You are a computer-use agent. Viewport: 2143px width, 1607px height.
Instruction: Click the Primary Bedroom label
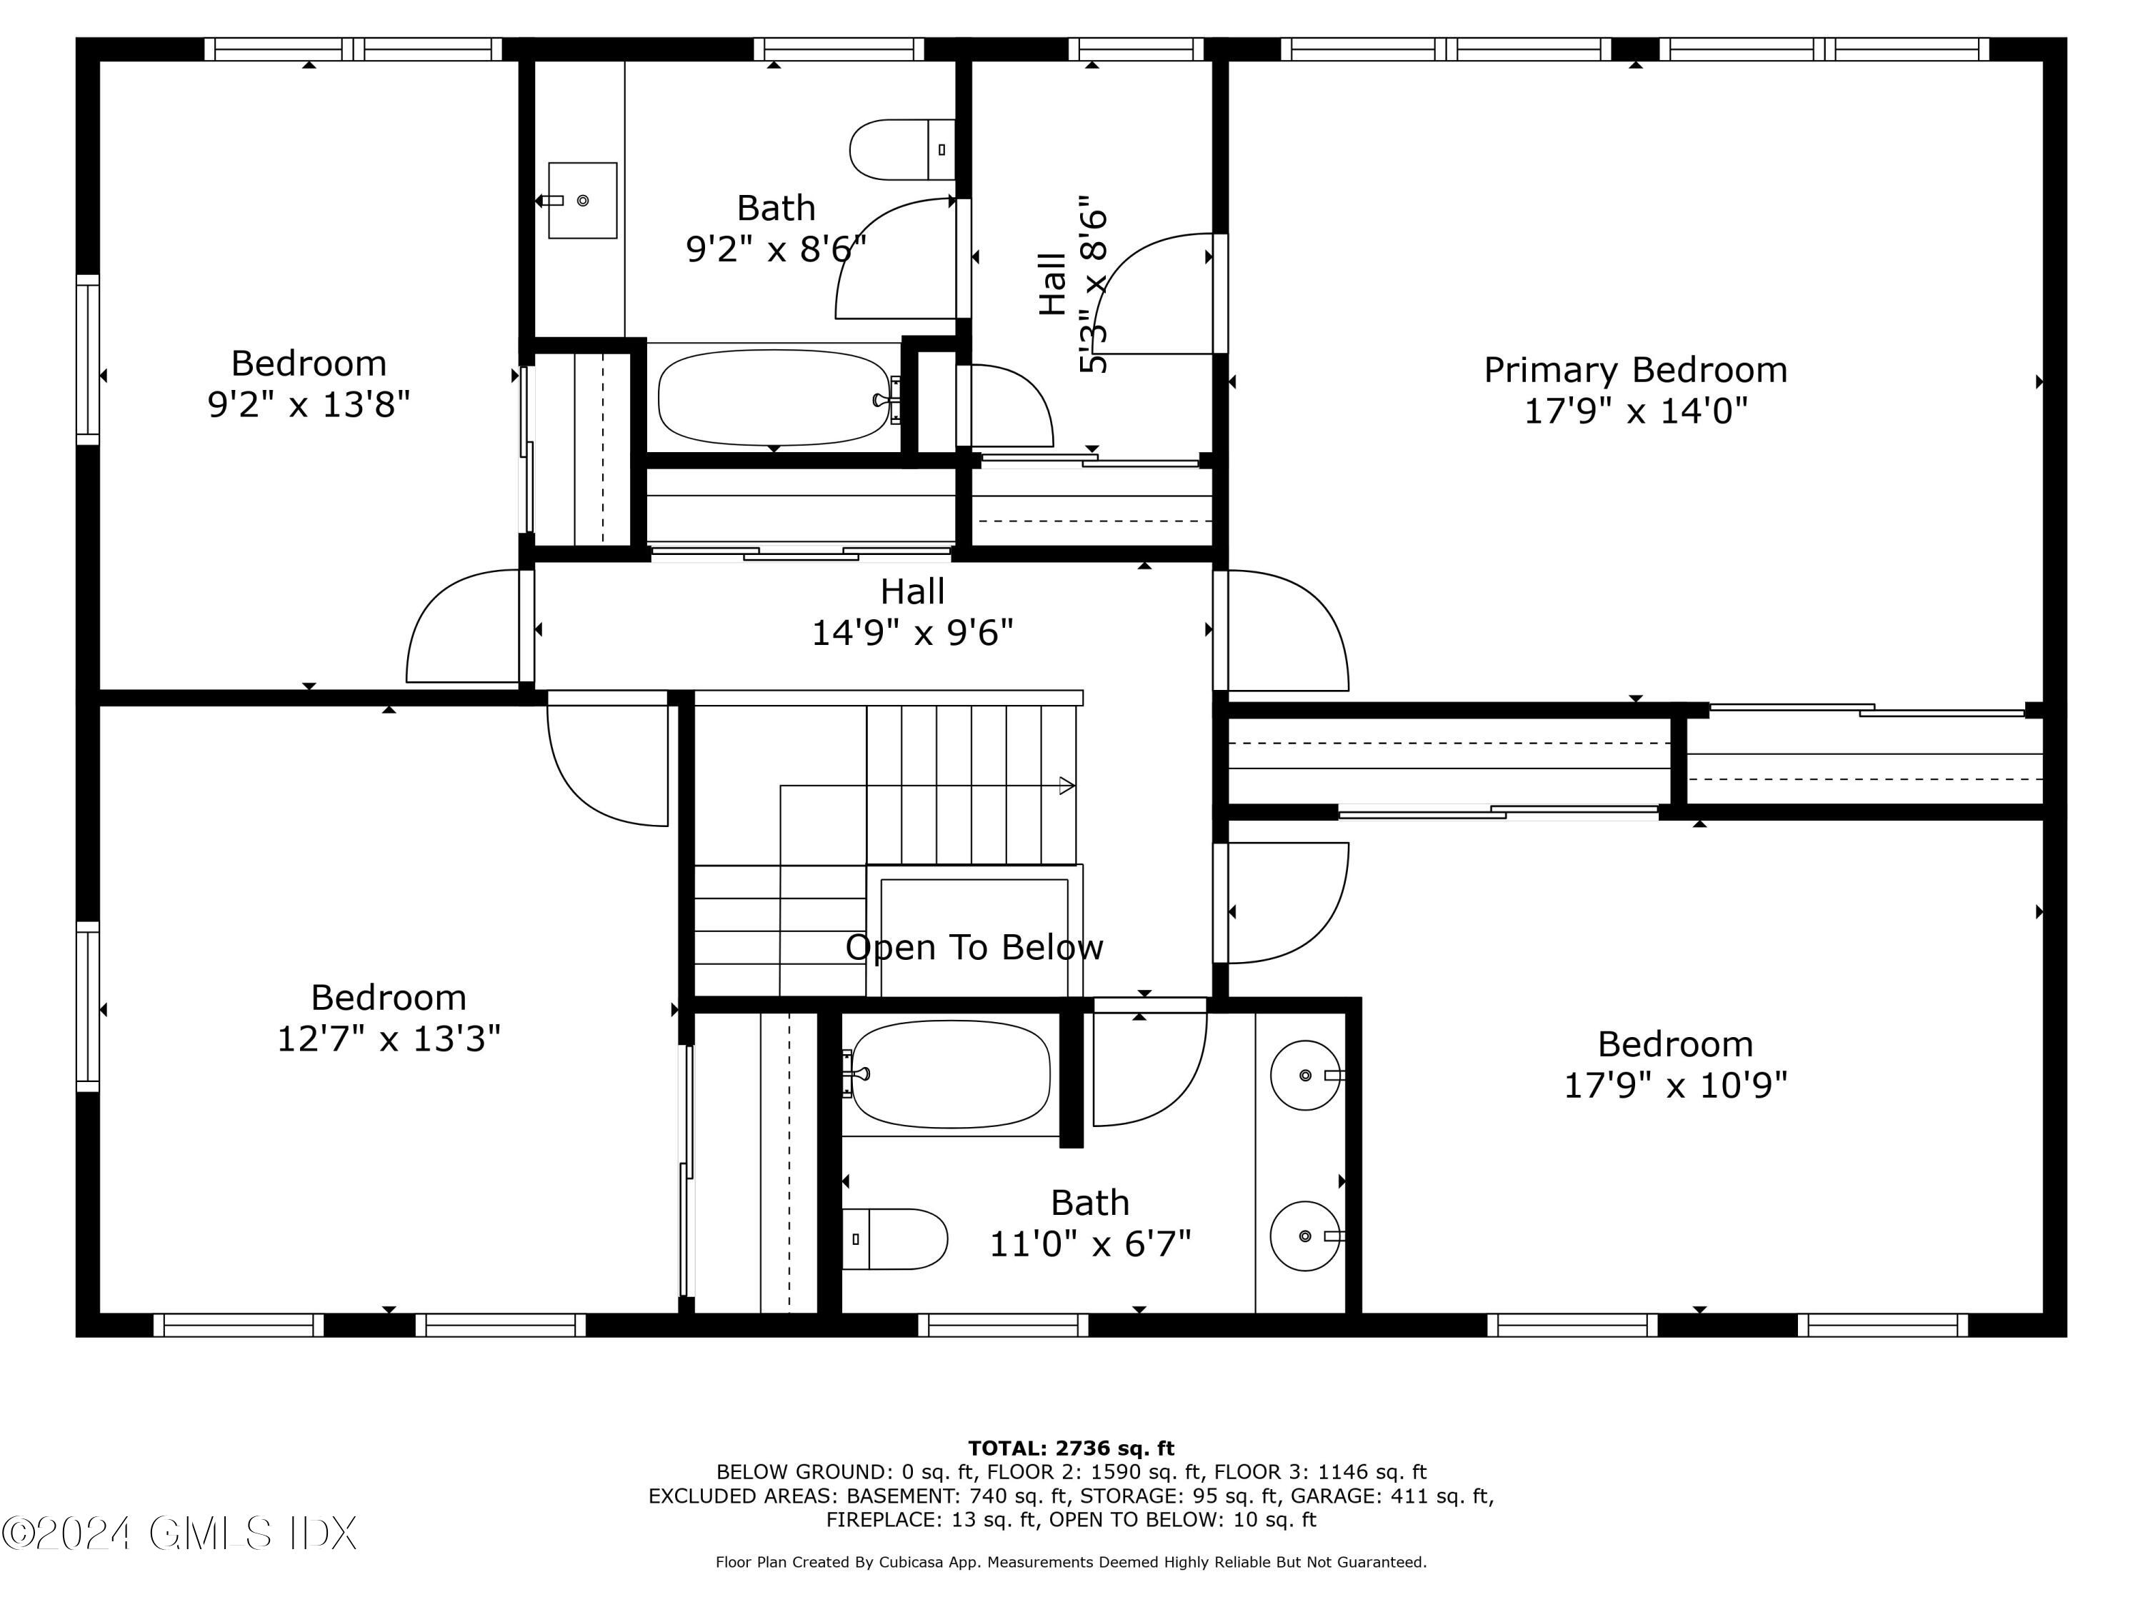point(1634,370)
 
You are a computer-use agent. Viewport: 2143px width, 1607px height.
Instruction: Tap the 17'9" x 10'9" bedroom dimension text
point(1675,1085)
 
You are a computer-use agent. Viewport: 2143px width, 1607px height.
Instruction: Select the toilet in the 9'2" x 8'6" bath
point(901,150)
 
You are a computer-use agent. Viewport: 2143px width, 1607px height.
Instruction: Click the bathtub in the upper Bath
point(773,397)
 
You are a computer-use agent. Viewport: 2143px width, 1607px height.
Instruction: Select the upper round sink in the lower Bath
point(1305,1075)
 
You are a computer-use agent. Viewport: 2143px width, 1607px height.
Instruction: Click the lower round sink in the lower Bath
point(1305,1236)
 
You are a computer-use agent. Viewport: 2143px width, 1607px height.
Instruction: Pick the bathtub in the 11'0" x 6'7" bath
point(949,1073)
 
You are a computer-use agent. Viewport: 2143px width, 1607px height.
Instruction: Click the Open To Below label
point(974,947)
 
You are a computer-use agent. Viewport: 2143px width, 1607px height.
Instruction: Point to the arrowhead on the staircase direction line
point(1066,786)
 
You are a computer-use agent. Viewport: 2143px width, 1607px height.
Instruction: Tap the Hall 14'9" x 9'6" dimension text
point(911,634)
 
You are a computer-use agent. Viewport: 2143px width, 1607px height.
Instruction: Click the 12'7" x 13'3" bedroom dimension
point(389,1039)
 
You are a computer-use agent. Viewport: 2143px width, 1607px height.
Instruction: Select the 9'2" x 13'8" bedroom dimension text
point(309,404)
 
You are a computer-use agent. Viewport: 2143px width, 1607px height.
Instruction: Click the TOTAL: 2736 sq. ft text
point(1071,1448)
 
